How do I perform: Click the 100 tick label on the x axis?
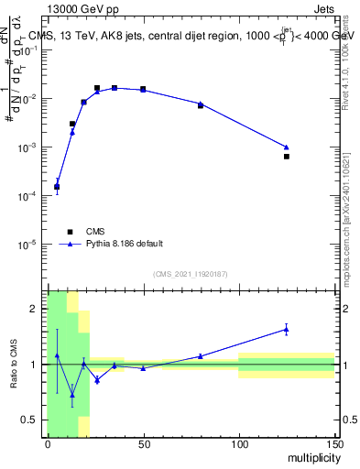(x=238, y=443)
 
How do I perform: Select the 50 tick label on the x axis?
(x=144, y=443)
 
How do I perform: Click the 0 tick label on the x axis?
(x=48, y=443)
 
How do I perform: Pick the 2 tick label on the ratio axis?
(x=37, y=310)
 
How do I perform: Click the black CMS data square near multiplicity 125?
(x=287, y=157)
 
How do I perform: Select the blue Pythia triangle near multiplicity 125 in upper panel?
(x=287, y=147)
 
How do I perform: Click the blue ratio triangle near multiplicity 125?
(x=287, y=330)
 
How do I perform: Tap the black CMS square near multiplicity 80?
(x=201, y=106)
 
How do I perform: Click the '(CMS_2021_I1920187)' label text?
(x=191, y=274)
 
